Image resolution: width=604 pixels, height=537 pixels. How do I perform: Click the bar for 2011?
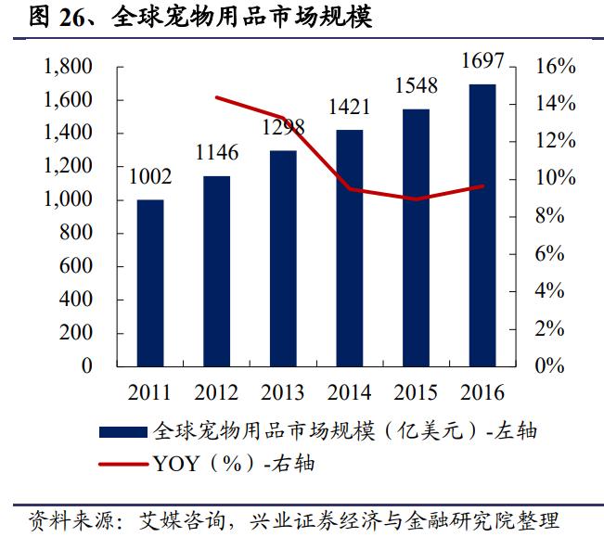pos(150,282)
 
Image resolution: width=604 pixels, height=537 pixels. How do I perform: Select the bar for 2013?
pos(283,258)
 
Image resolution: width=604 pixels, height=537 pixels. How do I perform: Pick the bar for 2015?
pos(416,237)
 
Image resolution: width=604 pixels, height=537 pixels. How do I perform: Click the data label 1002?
pos(150,176)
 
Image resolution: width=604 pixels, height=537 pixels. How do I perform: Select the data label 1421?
pos(349,108)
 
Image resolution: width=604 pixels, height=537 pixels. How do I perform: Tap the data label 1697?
pos(482,62)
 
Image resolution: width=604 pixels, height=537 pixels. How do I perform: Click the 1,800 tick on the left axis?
pos(68,67)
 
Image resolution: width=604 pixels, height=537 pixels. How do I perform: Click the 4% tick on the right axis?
pos(560,290)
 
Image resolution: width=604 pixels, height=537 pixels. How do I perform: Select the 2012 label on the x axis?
pos(216,390)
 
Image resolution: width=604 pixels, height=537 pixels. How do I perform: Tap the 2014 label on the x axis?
pos(349,390)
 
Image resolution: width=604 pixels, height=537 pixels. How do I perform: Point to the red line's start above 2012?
pos(216,97)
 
